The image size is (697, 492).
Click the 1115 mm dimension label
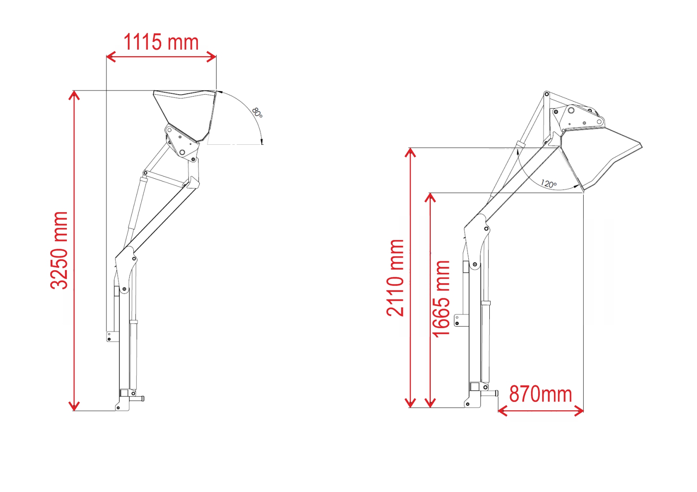pyautogui.click(x=161, y=42)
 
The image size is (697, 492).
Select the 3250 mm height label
pyautogui.click(x=59, y=251)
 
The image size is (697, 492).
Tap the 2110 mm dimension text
pyautogui.click(x=395, y=278)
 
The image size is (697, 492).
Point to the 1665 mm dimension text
pyautogui.click(x=441, y=299)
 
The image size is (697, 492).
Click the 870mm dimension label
pyautogui.click(x=540, y=394)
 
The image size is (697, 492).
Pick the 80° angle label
pyautogui.click(x=257, y=112)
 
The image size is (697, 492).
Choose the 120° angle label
pyautogui.click(x=548, y=184)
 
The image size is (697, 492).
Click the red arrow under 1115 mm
pyautogui.click(x=161, y=57)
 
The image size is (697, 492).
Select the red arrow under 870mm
pyautogui.click(x=540, y=411)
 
